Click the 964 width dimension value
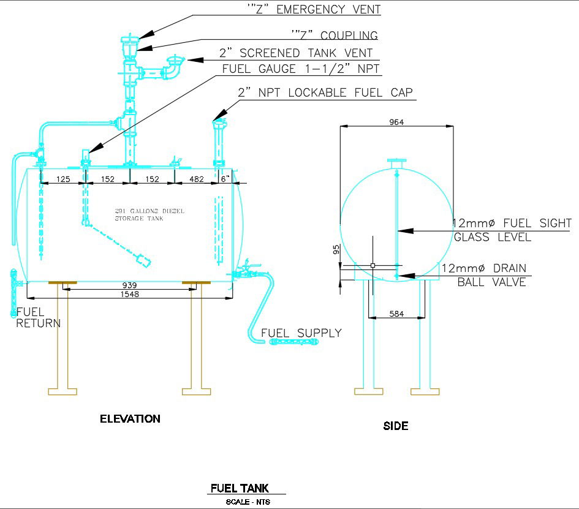point(396,122)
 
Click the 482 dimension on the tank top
point(196,179)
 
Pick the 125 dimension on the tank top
point(62,179)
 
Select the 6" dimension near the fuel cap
point(225,179)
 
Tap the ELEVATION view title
point(130,419)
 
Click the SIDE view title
point(396,426)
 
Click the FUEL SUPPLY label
point(301,333)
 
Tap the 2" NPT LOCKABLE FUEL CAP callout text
point(325,93)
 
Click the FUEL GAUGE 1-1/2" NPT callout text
point(301,69)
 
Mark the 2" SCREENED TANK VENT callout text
point(296,53)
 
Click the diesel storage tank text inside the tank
point(149,214)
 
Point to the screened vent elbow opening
point(176,59)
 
